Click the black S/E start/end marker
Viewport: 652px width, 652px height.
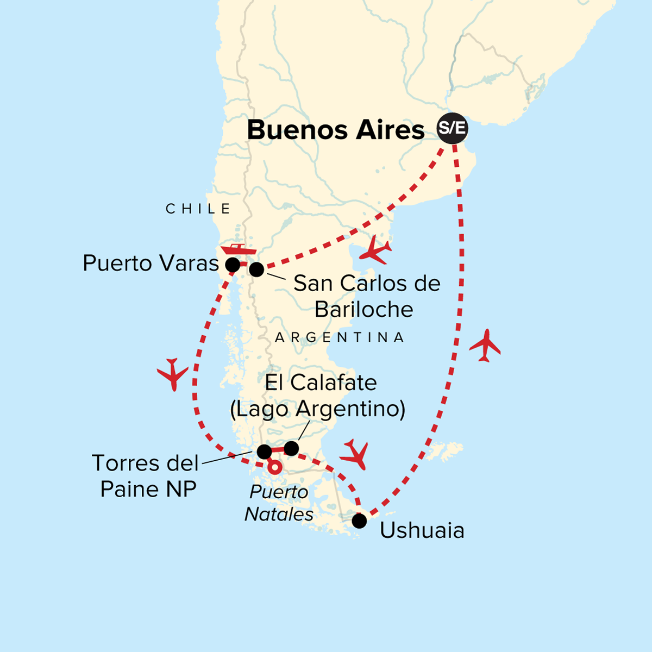pos(453,129)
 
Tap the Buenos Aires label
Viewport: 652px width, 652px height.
pos(336,130)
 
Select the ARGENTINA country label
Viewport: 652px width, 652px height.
pos(340,337)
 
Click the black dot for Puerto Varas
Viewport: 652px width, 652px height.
pos(233,265)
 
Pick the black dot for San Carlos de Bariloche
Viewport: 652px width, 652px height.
pos(256,269)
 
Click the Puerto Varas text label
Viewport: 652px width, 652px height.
pos(151,264)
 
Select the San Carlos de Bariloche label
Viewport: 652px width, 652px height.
pos(366,296)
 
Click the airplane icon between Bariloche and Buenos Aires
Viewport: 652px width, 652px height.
pos(375,250)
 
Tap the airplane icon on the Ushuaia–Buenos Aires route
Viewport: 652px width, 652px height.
pos(485,345)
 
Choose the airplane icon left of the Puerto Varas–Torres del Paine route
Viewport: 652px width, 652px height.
pos(173,374)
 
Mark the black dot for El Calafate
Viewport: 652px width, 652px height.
pos(292,448)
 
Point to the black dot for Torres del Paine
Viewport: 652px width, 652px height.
pos(264,452)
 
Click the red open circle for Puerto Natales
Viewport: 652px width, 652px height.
pos(275,467)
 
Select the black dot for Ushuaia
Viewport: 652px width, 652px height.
pos(359,521)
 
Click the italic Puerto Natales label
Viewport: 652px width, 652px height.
pos(279,503)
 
